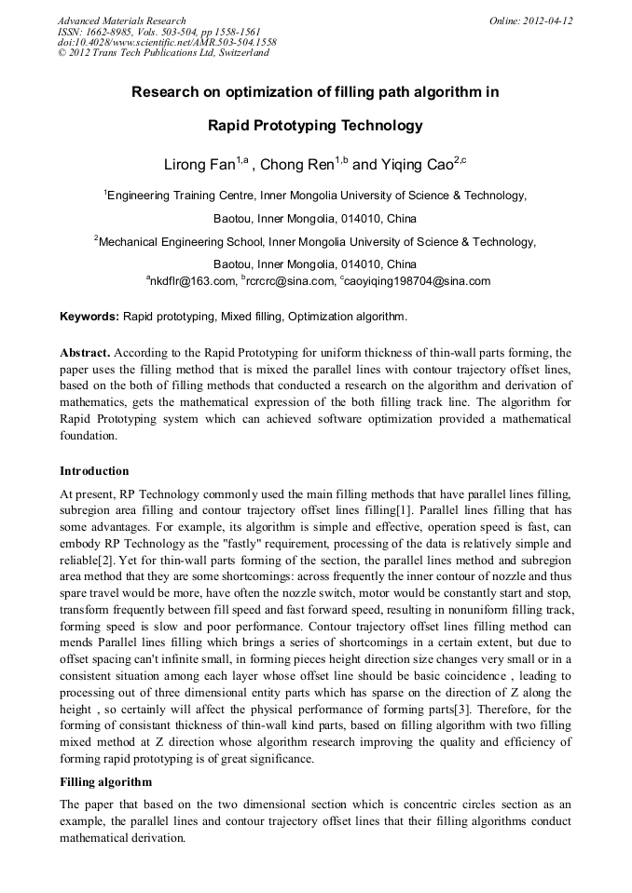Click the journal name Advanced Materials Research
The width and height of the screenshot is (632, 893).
click(121, 20)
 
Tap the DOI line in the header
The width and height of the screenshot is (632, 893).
click(167, 42)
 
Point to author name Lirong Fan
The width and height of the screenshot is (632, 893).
click(199, 165)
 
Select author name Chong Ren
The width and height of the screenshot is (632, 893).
click(297, 165)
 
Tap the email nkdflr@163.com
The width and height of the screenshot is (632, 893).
click(191, 280)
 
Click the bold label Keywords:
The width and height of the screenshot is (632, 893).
click(89, 317)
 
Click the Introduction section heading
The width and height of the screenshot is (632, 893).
click(94, 471)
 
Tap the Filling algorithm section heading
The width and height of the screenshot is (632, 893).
click(105, 781)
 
